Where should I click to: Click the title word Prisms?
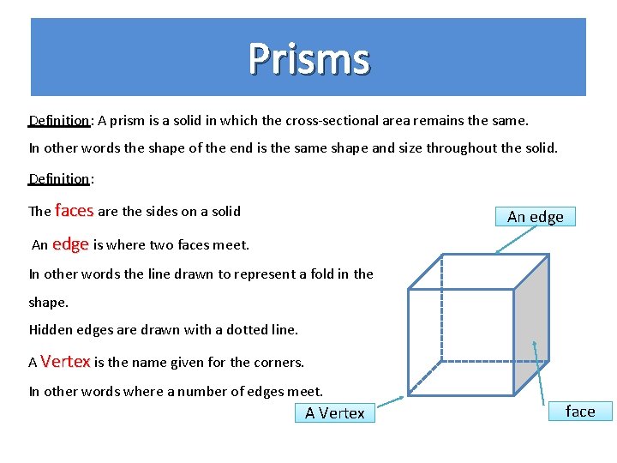click(309, 59)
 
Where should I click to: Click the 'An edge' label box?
click(535, 216)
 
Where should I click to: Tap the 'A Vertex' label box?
click(334, 412)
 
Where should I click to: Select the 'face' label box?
click(579, 411)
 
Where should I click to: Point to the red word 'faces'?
click(74, 210)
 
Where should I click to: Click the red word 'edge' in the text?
click(70, 244)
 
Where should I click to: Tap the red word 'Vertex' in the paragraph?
click(65, 361)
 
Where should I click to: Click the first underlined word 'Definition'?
click(59, 121)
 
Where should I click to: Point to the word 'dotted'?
click(235, 329)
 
